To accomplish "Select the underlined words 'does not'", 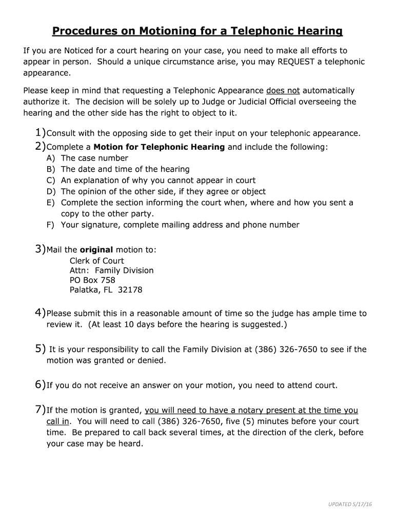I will click(283, 91).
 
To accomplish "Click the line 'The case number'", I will click(94, 158).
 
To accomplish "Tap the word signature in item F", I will click(98, 225).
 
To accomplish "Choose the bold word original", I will click(96, 250).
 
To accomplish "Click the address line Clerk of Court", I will click(96, 260).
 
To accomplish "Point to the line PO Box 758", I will click(92, 280).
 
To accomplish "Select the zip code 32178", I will click(130, 290).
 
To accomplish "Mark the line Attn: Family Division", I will click(111, 270).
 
